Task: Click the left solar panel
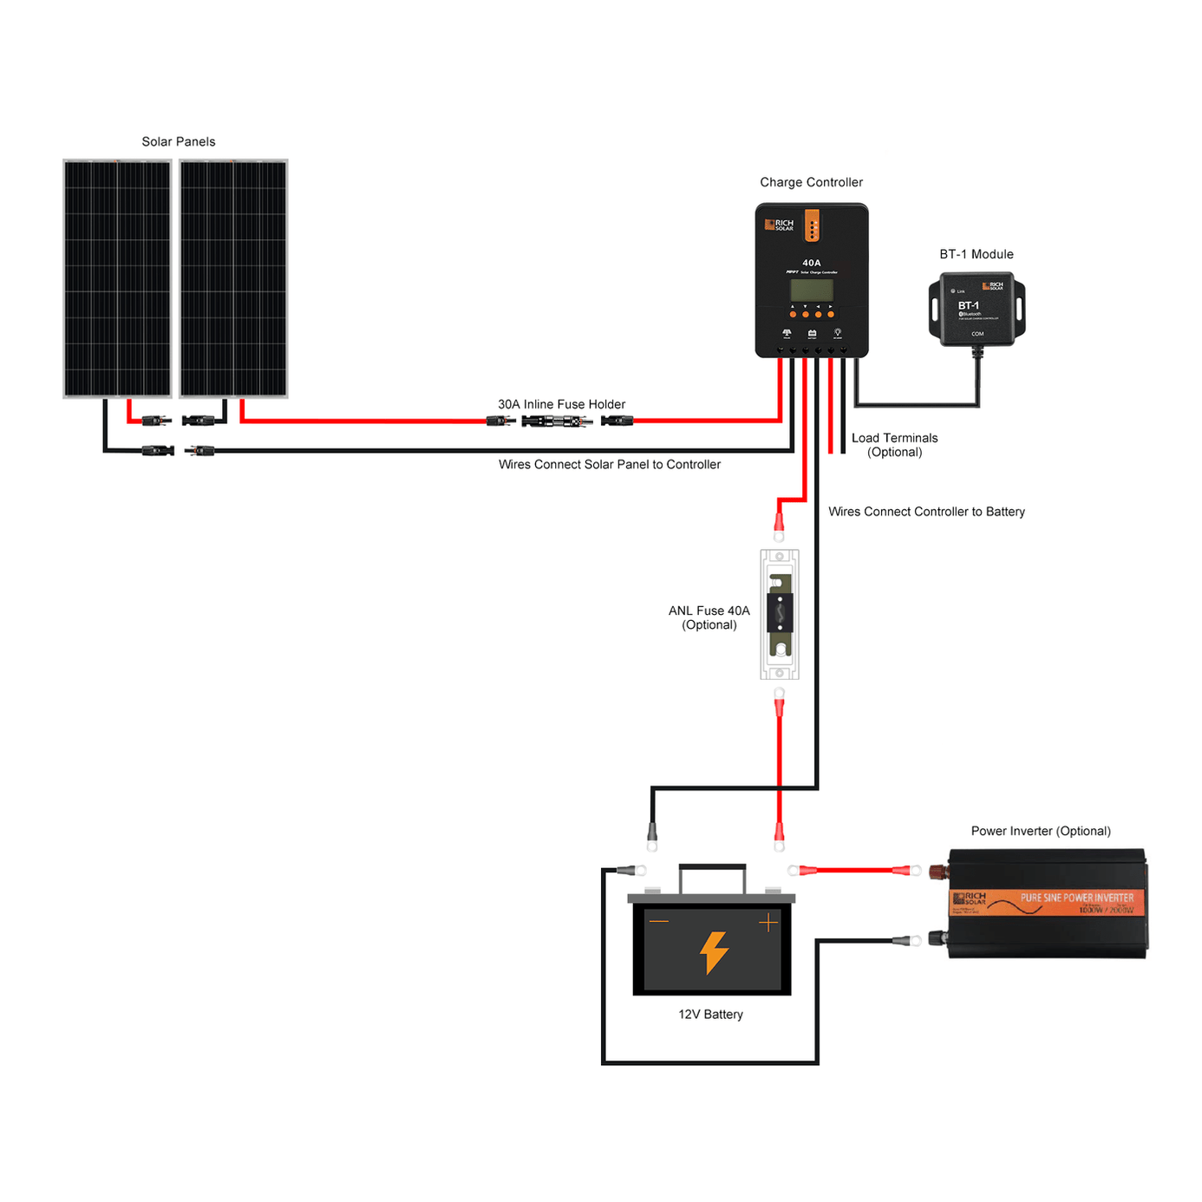pos(117,278)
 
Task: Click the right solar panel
pos(233,278)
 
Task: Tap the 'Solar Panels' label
pos(179,141)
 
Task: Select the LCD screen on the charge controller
pos(812,290)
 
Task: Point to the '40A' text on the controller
pos(812,263)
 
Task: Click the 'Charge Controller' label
pos(811,182)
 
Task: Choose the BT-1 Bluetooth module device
pos(977,309)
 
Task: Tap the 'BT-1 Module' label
pos(977,254)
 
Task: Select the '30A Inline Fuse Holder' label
pos(561,404)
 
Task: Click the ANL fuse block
pos(780,614)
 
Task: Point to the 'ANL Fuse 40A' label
pos(709,611)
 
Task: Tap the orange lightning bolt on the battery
pos(714,952)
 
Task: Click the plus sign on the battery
pos(768,923)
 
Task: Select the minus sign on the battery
pos(659,921)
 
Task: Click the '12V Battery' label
pos(710,1015)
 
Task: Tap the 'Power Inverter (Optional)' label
pos(1041,831)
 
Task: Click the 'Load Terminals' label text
pos(894,438)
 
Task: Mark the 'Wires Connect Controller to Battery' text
pos(926,512)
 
